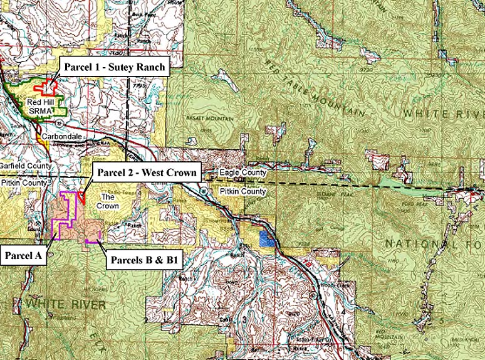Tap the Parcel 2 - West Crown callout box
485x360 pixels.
click(x=145, y=171)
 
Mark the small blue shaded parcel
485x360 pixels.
click(x=266, y=238)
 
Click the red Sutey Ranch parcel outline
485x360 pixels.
click(x=44, y=87)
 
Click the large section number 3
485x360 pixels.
click(x=244, y=319)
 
